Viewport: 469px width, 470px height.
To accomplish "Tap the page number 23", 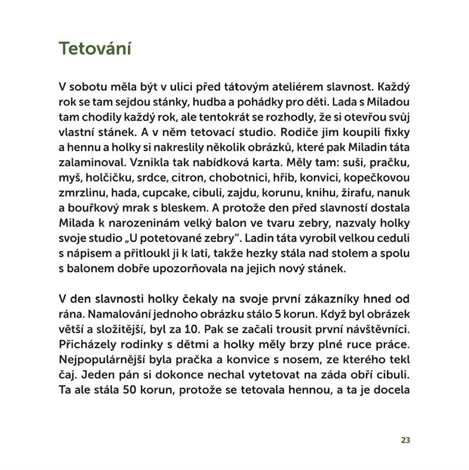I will tap(405, 441).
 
